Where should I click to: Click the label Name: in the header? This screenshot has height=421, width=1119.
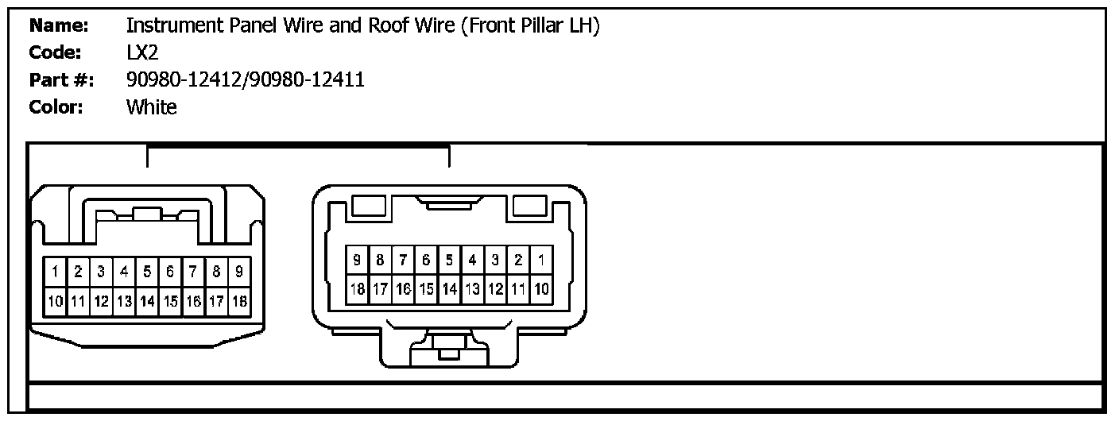pos(57,25)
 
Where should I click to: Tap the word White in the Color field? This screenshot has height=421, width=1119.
pos(152,106)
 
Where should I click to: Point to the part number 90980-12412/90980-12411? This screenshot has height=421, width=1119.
pos(245,79)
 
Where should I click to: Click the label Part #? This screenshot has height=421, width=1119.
pos(61,79)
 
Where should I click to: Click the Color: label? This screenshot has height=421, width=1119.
pos(56,106)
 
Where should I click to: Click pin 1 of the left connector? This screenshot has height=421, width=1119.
pos(55,272)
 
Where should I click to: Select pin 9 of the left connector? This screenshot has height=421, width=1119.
pos(239,272)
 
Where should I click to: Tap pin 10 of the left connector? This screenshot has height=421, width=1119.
pos(55,302)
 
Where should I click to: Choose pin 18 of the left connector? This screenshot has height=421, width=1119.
pos(239,302)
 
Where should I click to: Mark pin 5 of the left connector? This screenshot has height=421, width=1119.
pos(147,272)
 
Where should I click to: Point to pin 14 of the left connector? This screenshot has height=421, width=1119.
pos(147,302)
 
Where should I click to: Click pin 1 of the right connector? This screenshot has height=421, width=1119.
pos(541,260)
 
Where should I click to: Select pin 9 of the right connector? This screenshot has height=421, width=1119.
pos(357,260)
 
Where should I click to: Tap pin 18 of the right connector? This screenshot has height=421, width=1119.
pos(357,288)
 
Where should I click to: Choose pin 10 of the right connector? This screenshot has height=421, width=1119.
pos(541,288)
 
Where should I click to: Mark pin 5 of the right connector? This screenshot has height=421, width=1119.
pos(449,260)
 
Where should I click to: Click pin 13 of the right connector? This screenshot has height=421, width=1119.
pos(472,288)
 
